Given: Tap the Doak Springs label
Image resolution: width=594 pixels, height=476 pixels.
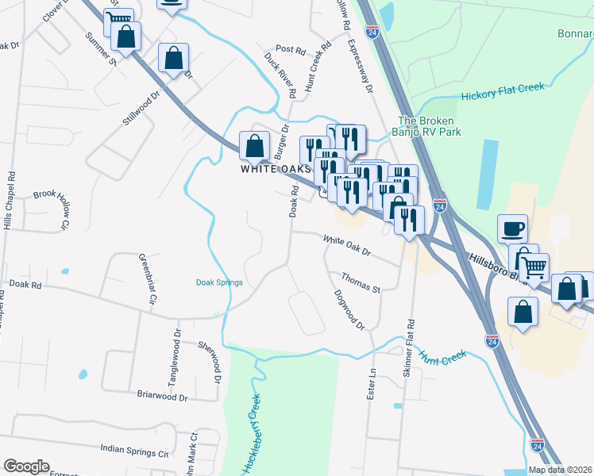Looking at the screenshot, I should [x=219, y=282].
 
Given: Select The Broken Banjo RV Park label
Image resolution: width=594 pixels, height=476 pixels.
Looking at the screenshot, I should [x=429, y=127].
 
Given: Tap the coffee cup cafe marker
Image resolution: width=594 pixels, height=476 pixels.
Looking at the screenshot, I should [x=512, y=228].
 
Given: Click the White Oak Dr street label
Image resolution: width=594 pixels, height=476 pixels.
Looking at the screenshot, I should [x=346, y=246].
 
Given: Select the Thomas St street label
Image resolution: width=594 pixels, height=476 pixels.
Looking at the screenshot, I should [x=361, y=282].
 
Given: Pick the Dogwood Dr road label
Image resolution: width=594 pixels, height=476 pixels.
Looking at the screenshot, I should [x=349, y=313].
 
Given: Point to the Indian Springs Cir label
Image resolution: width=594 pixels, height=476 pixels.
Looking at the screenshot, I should [x=135, y=450].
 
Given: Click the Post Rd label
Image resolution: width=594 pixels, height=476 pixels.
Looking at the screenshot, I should [x=290, y=49].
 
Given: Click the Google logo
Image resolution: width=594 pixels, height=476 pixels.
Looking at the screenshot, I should [x=26, y=466].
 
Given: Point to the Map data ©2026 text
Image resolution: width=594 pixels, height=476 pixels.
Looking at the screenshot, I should [x=560, y=470].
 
